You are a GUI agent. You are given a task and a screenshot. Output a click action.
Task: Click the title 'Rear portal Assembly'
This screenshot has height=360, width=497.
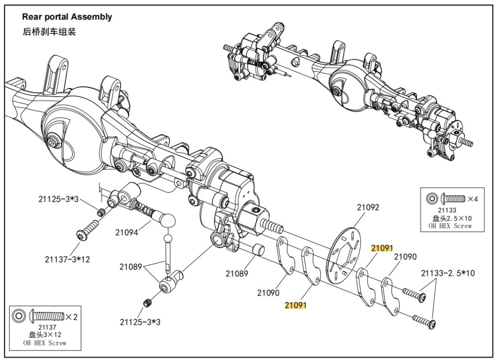coord(67,17)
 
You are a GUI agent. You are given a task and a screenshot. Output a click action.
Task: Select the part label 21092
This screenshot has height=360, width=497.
coord(368,207)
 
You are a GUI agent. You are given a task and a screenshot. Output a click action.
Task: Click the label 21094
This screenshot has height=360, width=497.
coord(127,232)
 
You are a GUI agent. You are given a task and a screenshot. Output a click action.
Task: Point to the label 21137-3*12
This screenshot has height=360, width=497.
coord(67,259)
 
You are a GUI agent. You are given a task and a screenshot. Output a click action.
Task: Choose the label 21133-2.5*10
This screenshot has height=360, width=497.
coord(448,273)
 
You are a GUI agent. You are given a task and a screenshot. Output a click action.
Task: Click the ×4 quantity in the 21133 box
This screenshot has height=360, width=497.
coord(473,199)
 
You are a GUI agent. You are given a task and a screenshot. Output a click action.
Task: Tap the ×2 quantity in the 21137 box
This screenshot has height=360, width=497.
coord(71,317)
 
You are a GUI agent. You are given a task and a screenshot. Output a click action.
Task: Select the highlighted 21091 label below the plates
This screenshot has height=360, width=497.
coord(296,305)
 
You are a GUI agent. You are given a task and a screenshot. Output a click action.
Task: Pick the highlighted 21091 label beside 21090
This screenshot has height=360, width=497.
coord(382,248)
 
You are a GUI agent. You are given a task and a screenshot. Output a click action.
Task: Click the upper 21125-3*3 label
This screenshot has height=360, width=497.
coord(58,199)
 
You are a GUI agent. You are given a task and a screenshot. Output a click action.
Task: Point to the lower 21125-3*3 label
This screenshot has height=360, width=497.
coord(140,322)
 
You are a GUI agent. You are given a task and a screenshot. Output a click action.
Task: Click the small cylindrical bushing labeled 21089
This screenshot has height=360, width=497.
coord(259,250)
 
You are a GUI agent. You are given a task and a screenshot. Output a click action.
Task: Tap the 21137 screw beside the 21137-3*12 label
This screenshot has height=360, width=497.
coord(88,231)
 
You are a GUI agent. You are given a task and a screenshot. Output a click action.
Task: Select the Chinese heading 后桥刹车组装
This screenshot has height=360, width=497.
coord(49,32)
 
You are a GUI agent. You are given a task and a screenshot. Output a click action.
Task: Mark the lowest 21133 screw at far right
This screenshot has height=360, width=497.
coord(424,321)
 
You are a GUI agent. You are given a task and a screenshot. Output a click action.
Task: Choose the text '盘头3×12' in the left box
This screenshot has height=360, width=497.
coord(45,335)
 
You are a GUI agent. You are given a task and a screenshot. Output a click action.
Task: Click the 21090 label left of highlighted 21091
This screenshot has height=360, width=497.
coord(268,293)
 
